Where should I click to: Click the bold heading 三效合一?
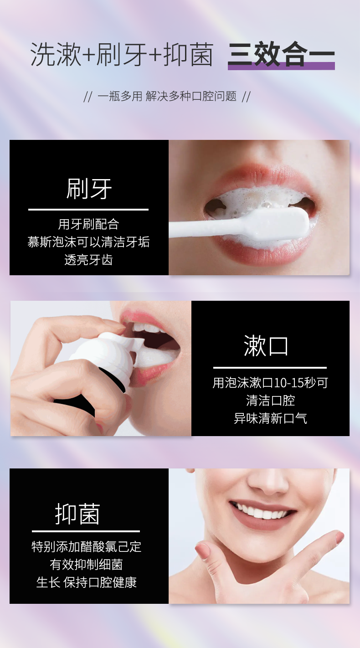tap(281, 54)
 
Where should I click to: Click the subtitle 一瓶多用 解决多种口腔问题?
tap(167, 96)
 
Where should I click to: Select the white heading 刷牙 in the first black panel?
tap(89, 189)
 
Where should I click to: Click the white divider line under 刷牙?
tap(88, 210)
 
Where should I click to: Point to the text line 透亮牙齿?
tap(88, 260)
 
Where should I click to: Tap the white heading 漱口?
tap(266, 346)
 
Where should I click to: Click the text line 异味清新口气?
tap(270, 418)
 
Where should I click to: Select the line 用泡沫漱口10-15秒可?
tap(270, 383)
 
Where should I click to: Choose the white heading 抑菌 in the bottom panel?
tap(77, 514)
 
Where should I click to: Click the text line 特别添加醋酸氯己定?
tap(86, 547)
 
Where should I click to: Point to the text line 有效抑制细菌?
tap(86, 565)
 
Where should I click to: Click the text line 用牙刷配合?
tap(88, 224)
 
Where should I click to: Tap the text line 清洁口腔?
tap(270, 401)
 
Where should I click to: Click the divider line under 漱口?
tap(270, 368)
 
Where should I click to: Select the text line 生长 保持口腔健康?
tap(86, 582)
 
